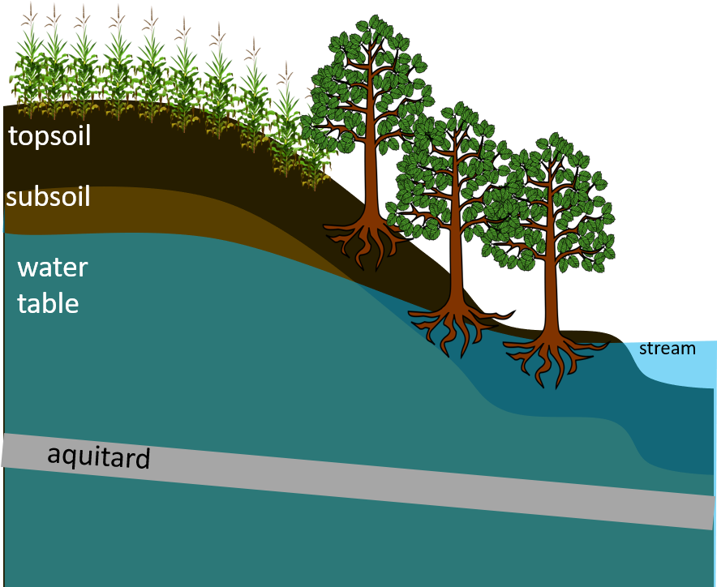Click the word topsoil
click(49, 135)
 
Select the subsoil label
click(48, 197)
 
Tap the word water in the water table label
click(53, 267)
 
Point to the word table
click(49, 304)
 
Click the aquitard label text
click(99, 456)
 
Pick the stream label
click(668, 349)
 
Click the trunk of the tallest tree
click(371, 162)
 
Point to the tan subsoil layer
click(162, 215)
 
